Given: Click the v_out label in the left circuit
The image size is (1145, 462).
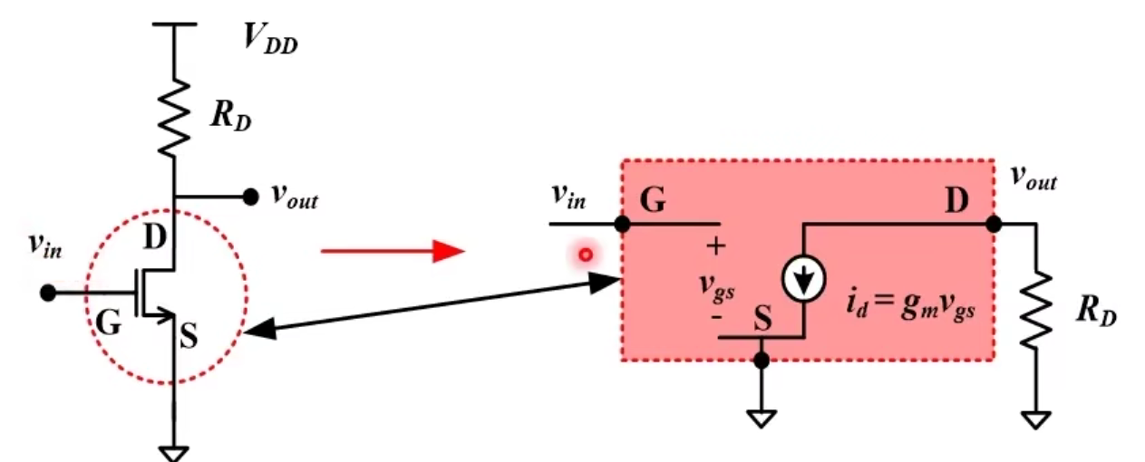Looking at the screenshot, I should coord(295,197).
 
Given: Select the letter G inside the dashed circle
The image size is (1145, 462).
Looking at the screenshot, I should coord(108,323).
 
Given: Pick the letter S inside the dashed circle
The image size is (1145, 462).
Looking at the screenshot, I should coord(189,337).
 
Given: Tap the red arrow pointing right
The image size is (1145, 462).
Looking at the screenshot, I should coord(392,251).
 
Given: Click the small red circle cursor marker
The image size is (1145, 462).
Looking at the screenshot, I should coord(586,255).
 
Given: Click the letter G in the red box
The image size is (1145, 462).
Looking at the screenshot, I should coord(653,202).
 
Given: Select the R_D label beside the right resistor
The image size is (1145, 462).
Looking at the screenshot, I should coord(1096,311).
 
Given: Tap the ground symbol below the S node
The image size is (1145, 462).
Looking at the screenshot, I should coord(762,418).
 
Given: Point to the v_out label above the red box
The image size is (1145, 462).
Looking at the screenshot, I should coord(1033,179).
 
